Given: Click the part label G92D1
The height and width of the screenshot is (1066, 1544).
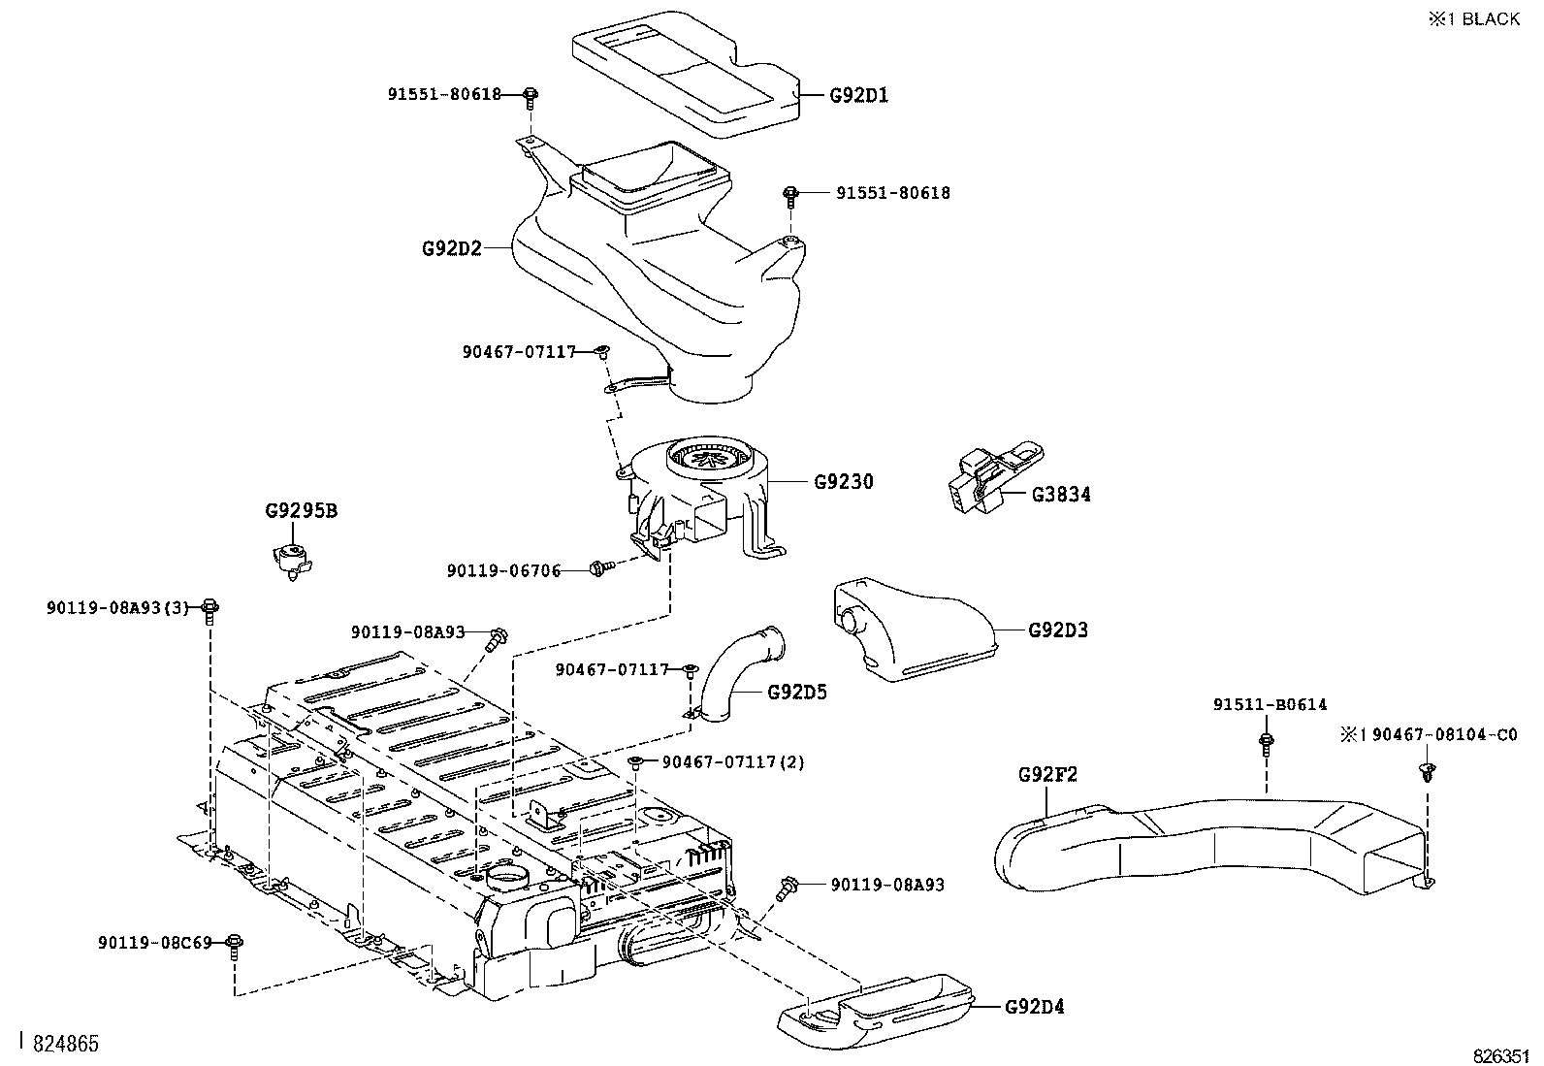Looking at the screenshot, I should click(858, 95).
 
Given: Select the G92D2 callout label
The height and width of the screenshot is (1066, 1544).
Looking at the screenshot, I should click(452, 248).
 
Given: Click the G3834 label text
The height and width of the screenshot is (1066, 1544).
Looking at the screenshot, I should click(1061, 495).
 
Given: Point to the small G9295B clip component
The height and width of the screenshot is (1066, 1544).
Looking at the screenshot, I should click(291, 558).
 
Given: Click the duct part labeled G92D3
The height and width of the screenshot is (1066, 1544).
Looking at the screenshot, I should click(912, 630).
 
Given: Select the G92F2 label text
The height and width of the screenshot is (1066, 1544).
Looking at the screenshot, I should click(1047, 775).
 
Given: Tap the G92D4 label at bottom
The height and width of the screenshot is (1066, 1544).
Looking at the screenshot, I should click(1034, 1007).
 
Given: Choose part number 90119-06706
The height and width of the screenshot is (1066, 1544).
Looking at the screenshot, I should click(503, 571).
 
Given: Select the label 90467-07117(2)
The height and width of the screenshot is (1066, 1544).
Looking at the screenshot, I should click(733, 762).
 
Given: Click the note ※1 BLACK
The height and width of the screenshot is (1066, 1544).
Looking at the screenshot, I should click(1473, 19).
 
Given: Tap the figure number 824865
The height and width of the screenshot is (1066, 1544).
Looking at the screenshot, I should click(66, 1044).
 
